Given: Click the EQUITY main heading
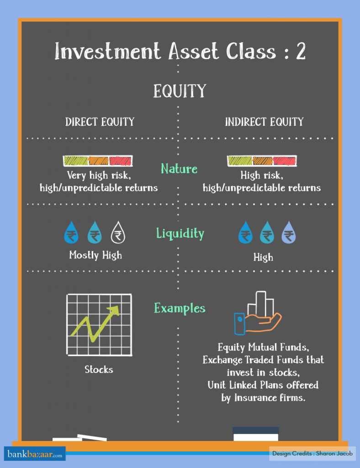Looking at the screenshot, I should point(180,90).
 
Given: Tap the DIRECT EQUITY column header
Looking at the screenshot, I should point(100,122).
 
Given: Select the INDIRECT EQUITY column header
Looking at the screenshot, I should point(264,122).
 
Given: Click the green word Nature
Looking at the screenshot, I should point(179,169).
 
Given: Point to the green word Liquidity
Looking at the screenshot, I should point(180,234).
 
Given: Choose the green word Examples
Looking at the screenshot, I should point(180,308).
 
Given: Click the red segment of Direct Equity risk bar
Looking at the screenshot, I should point(120,161).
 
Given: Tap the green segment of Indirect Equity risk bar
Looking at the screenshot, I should point(239,161).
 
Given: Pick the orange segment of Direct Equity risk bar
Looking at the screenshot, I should point(98,161).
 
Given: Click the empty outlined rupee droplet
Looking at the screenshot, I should point(118,234).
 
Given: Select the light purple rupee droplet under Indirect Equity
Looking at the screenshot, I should point(288,234).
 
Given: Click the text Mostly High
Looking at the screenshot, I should point(95,255).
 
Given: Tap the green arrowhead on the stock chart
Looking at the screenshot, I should point(114,311).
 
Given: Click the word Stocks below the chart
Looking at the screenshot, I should point(99,369).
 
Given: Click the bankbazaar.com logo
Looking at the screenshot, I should point(35,454).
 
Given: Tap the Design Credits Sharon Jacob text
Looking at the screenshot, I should point(306,454).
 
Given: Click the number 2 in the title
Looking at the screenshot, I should point(300,51).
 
